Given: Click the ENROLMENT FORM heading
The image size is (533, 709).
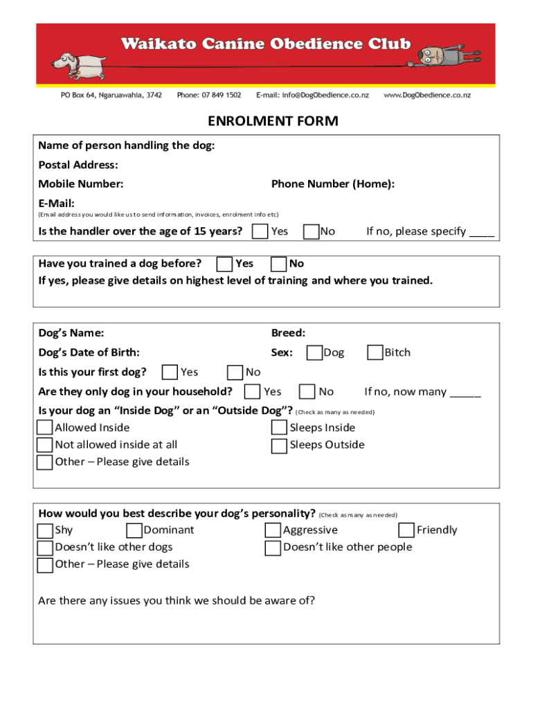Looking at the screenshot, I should (273, 122).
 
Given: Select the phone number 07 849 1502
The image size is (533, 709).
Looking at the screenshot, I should (209, 95).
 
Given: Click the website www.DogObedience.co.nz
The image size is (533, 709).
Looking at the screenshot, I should (427, 95).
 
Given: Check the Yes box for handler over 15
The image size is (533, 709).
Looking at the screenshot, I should (260, 231).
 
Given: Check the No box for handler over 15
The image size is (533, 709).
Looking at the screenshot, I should (311, 231).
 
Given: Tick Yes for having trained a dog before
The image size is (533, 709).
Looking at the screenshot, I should (224, 264).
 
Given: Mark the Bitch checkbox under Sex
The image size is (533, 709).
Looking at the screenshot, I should (375, 353).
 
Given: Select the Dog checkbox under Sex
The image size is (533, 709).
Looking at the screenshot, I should (314, 353).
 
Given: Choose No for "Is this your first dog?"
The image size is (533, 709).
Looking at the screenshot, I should (235, 373).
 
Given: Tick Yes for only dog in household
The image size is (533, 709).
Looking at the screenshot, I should (253, 392).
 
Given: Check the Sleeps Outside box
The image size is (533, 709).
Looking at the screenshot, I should (279, 445).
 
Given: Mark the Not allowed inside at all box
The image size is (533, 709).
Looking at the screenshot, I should (44, 445).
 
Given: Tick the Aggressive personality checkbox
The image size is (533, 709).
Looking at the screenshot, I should (273, 530).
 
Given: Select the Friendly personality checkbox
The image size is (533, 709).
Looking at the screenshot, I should (406, 530).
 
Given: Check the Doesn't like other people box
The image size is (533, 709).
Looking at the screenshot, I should (273, 548).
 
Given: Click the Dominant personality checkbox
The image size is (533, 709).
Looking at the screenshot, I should (134, 530).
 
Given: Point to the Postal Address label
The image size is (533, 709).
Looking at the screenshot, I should (78, 165).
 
